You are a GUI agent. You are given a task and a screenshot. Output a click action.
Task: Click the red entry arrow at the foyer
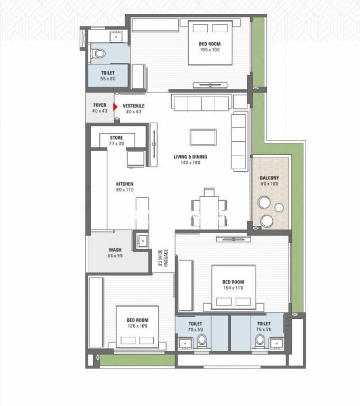(x=115, y=106)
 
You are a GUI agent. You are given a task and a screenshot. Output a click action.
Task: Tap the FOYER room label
(x=100, y=105)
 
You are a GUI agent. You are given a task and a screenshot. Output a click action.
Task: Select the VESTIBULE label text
(x=133, y=106)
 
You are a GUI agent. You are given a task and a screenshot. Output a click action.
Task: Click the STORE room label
(x=116, y=138)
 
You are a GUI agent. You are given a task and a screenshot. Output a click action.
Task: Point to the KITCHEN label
(x=125, y=184)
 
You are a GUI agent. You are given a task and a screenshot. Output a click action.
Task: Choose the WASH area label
(x=115, y=250)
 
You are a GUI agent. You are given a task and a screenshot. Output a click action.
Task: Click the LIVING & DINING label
(x=190, y=156)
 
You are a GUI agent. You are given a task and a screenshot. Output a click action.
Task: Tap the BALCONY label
(x=270, y=178)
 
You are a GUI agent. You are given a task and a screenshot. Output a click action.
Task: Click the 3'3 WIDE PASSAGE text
(x=163, y=258)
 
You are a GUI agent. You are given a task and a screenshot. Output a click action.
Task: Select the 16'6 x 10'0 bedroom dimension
(x=210, y=50)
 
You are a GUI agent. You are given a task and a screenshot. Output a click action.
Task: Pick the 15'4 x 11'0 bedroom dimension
(x=233, y=288)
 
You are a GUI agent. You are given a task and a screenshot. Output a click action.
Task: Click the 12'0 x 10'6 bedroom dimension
(x=137, y=326)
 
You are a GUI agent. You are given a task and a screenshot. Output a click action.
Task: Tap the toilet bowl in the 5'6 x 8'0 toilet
(x=99, y=53)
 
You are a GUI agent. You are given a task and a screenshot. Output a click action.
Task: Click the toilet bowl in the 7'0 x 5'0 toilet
(x=202, y=342)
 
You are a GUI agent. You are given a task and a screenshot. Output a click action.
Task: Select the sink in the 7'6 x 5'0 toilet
(x=276, y=344)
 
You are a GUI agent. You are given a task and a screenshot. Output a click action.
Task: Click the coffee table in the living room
(x=203, y=137)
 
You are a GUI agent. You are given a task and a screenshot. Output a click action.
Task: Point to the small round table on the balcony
(x=279, y=207)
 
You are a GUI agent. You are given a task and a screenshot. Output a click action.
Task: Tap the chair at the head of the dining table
(x=209, y=192)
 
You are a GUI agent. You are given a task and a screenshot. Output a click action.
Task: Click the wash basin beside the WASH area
(x=142, y=241)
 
